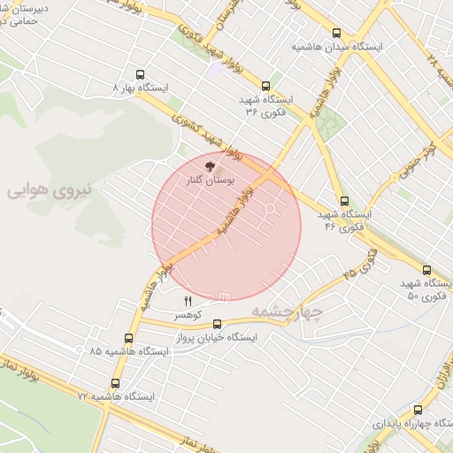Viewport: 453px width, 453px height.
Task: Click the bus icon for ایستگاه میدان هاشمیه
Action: point(337,34)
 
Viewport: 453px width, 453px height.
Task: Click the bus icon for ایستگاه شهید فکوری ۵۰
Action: point(426,270)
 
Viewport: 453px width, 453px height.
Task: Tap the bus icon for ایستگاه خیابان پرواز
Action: point(218,325)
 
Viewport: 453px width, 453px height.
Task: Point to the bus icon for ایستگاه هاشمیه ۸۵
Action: point(129,338)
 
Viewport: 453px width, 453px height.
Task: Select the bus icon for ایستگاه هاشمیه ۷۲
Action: point(115,384)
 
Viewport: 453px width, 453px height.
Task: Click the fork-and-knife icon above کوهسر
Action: point(188,303)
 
